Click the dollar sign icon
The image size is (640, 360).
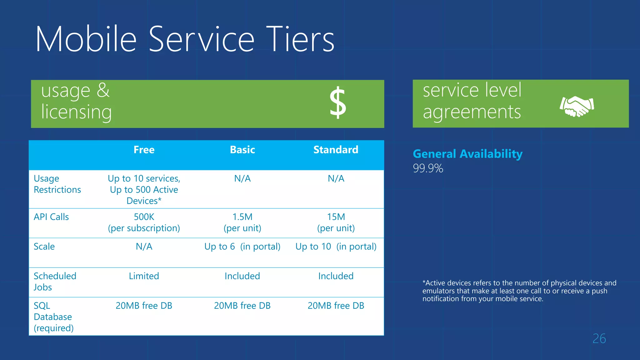point(338,103)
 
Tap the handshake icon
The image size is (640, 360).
point(577,106)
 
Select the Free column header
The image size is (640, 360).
point(144,150)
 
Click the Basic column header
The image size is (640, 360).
point(242,150)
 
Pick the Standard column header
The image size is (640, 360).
point(336,150)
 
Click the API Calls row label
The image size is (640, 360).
point(51,217)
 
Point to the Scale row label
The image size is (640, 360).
point(44,247)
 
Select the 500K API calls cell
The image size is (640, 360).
point(144,217)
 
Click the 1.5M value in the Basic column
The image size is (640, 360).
point(242,217)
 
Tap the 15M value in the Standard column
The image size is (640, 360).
point(336,217)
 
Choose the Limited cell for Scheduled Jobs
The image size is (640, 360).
point(144,276)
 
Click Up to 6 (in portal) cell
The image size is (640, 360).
point(242,247)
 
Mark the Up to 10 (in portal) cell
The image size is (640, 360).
point(336,247)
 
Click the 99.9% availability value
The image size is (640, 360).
point(428,168)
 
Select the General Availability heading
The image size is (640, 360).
point(467,154)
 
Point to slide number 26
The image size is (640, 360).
point(599,339)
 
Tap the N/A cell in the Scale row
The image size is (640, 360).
point(144,247)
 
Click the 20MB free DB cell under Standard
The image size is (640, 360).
point(336,306)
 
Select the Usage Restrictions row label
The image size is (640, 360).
point(57,184)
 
